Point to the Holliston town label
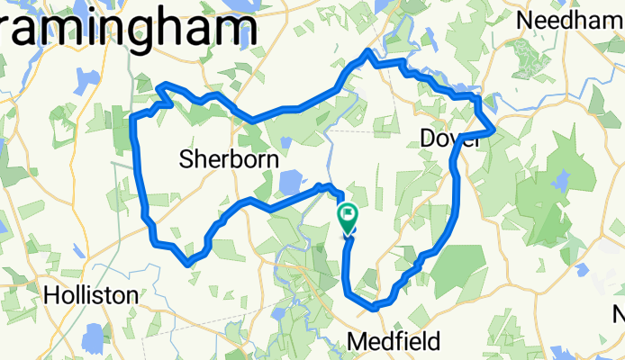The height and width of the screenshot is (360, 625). [92, 294]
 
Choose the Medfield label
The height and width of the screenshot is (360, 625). [394, 341]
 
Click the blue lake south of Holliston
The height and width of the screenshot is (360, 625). [94, 339]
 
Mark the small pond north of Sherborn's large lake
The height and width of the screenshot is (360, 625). [285, 141]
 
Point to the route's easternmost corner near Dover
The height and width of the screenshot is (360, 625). [493, 131]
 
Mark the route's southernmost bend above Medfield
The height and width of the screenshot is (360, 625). [373, 307]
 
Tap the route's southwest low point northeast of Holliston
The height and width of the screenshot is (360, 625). [188, 263]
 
